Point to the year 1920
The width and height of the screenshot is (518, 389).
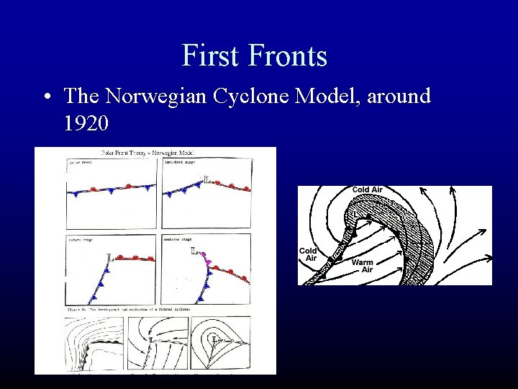(86, 124)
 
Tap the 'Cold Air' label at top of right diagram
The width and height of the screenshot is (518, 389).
(367, 190)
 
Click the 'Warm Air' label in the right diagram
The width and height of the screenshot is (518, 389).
(363, 267)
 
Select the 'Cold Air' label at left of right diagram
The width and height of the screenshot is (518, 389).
(308, 254)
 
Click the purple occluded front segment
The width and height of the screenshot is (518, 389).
(208, 261)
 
